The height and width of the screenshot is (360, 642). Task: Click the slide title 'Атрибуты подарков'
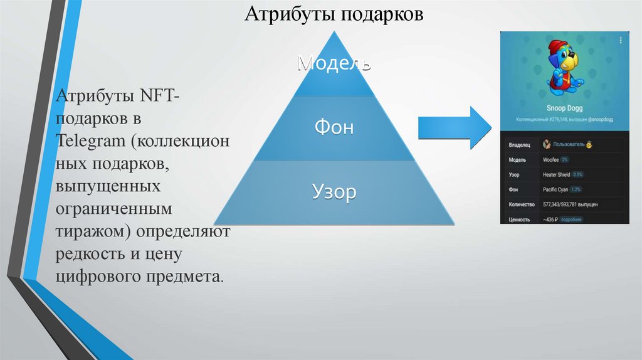point(334,14)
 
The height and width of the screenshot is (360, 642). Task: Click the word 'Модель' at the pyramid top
point(335,62)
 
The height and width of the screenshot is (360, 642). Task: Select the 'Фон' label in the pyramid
point(334,128)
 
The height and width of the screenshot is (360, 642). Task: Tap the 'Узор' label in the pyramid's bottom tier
point(334,192)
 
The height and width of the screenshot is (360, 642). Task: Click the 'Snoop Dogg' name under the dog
point(564,108)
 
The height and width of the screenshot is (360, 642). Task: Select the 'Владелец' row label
point(520,145)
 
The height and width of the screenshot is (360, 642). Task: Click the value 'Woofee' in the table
point(551,160)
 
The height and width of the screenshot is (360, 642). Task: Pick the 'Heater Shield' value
point(556,174)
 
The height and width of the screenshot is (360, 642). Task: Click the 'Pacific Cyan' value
point(555,189)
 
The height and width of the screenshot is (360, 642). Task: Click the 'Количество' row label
point(522,204)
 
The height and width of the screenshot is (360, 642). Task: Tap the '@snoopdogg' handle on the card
point(599,118)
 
